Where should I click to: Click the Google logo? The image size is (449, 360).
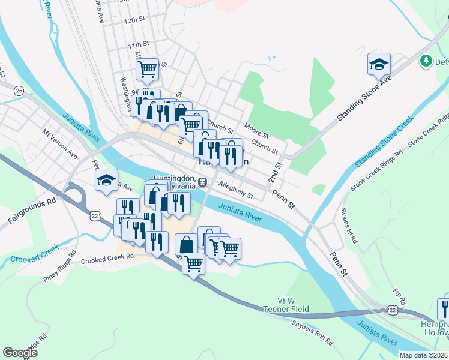(20, 353)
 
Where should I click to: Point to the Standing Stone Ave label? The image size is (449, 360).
(364, 98)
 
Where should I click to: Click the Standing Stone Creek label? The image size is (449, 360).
(384, 142)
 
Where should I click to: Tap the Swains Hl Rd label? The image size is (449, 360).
(349, 225)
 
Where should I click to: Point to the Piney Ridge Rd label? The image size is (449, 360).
(60, 271)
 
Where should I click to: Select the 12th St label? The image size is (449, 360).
(135, 20)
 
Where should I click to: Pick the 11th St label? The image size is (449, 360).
(137, 45)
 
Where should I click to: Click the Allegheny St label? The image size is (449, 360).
(236, 191)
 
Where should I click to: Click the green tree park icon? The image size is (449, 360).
(426, 61)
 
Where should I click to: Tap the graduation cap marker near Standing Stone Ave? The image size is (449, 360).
(379, 64)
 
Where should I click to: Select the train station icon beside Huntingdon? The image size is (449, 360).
(203, 182)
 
